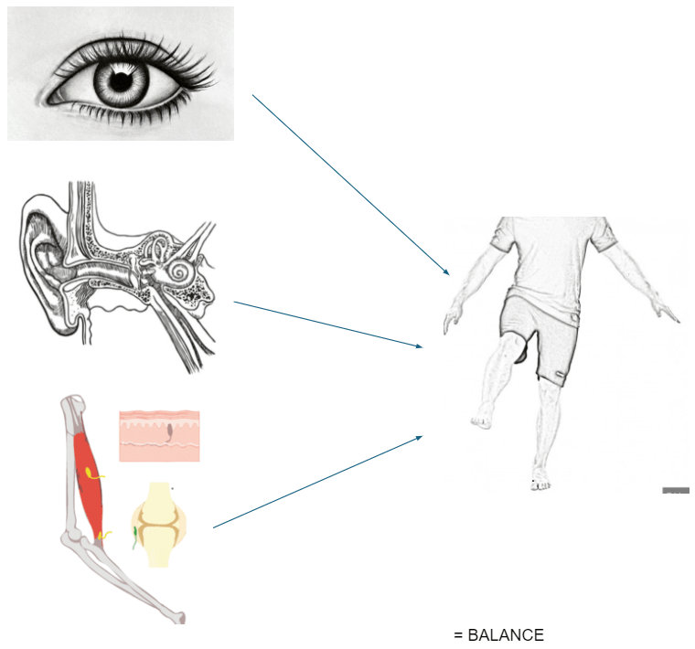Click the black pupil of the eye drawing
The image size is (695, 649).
(120, 81)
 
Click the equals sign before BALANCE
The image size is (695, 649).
(458, 634)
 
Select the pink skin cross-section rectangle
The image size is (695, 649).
(159, 435)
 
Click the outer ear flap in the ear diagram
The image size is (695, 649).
(41, 265)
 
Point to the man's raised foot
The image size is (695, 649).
(481, 421)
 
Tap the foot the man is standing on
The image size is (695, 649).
(540, 479)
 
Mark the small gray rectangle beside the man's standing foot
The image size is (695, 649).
(675, 491)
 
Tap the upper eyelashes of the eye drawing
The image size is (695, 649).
(137, 43)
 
